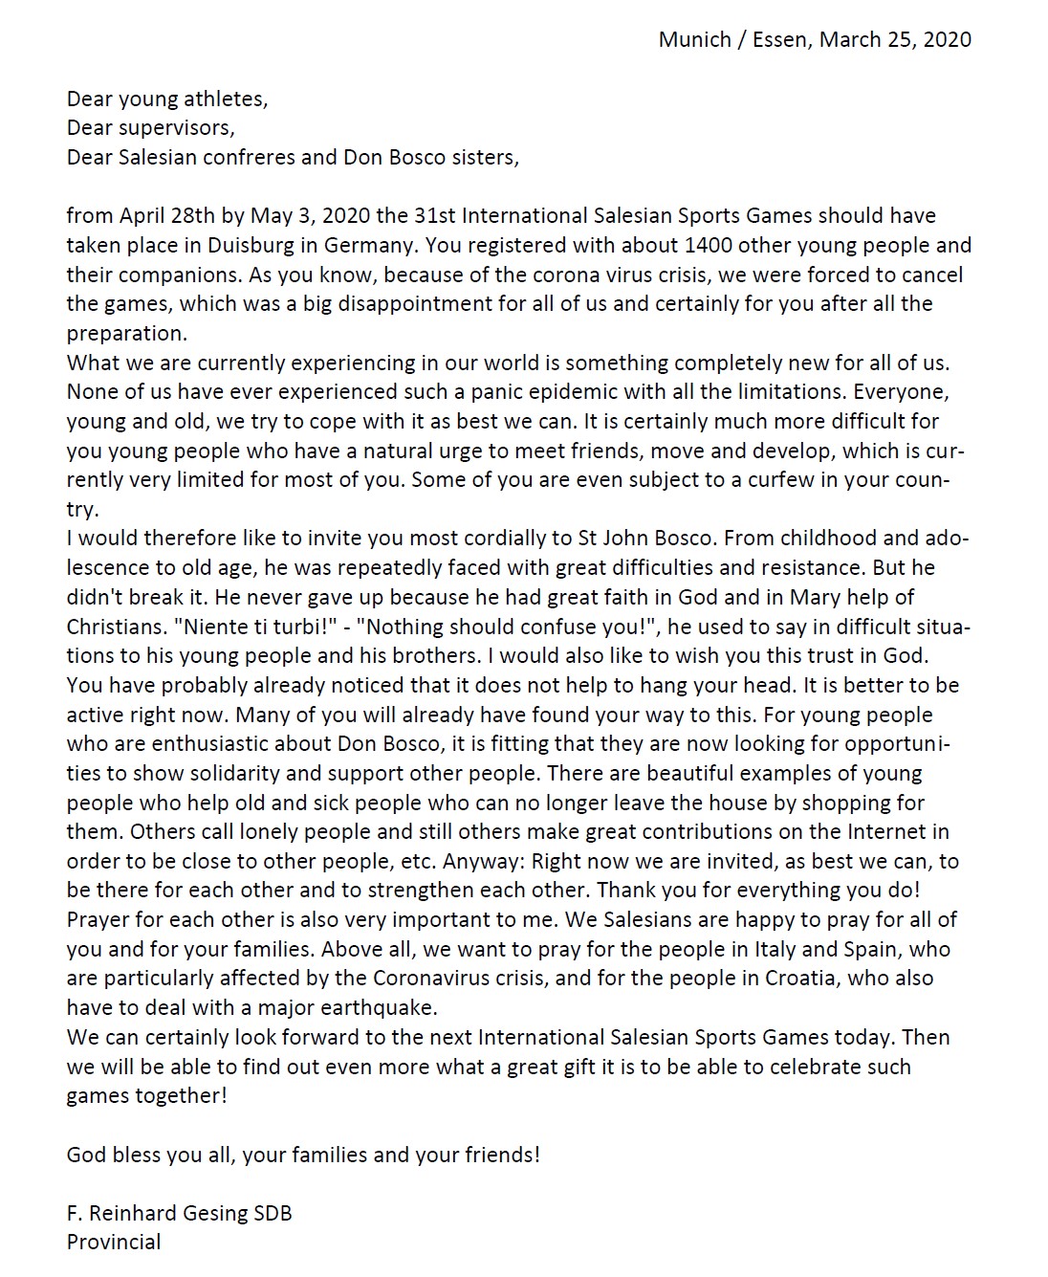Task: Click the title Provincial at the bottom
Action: [114, 1242]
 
